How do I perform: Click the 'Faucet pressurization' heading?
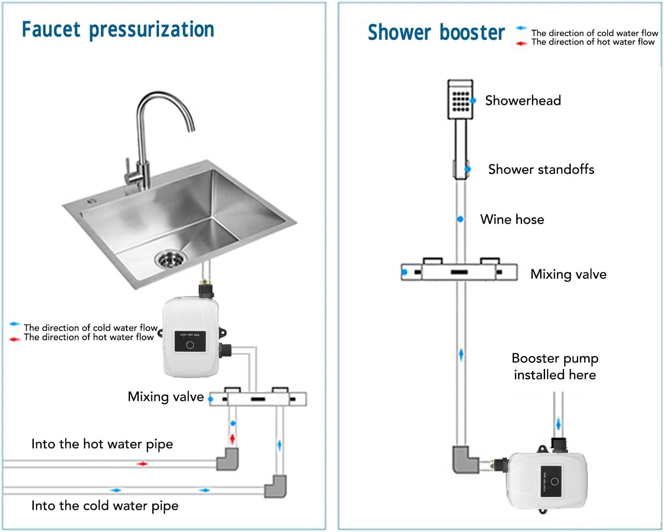coord(118,30)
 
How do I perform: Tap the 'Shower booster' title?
coord(436,32)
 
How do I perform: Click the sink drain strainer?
coord(170,259)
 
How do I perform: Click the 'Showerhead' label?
coord(523,100)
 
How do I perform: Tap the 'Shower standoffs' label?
coord(541,169)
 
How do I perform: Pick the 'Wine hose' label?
coord(512,219)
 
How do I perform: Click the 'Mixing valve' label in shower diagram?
coord(568,274)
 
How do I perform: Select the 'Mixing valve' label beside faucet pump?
coord(166,397)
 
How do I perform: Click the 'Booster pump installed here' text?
coord(555,366)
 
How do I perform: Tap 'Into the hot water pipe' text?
coord(102,444)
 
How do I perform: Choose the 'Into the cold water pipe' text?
coord(105,506)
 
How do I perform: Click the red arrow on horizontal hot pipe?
coord(142,464)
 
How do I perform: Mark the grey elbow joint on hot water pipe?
coord(227,459)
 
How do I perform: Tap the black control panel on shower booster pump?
coord(550,482)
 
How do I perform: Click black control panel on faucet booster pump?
coord(190,342)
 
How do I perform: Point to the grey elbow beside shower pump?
coord(464,460)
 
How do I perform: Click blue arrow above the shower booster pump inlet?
coord(559,424)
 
